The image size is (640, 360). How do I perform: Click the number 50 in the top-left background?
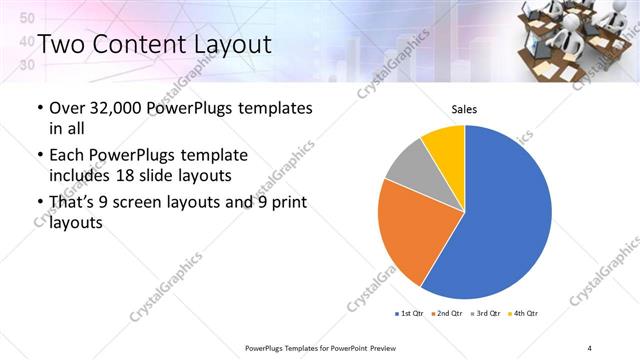coord(28,18)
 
